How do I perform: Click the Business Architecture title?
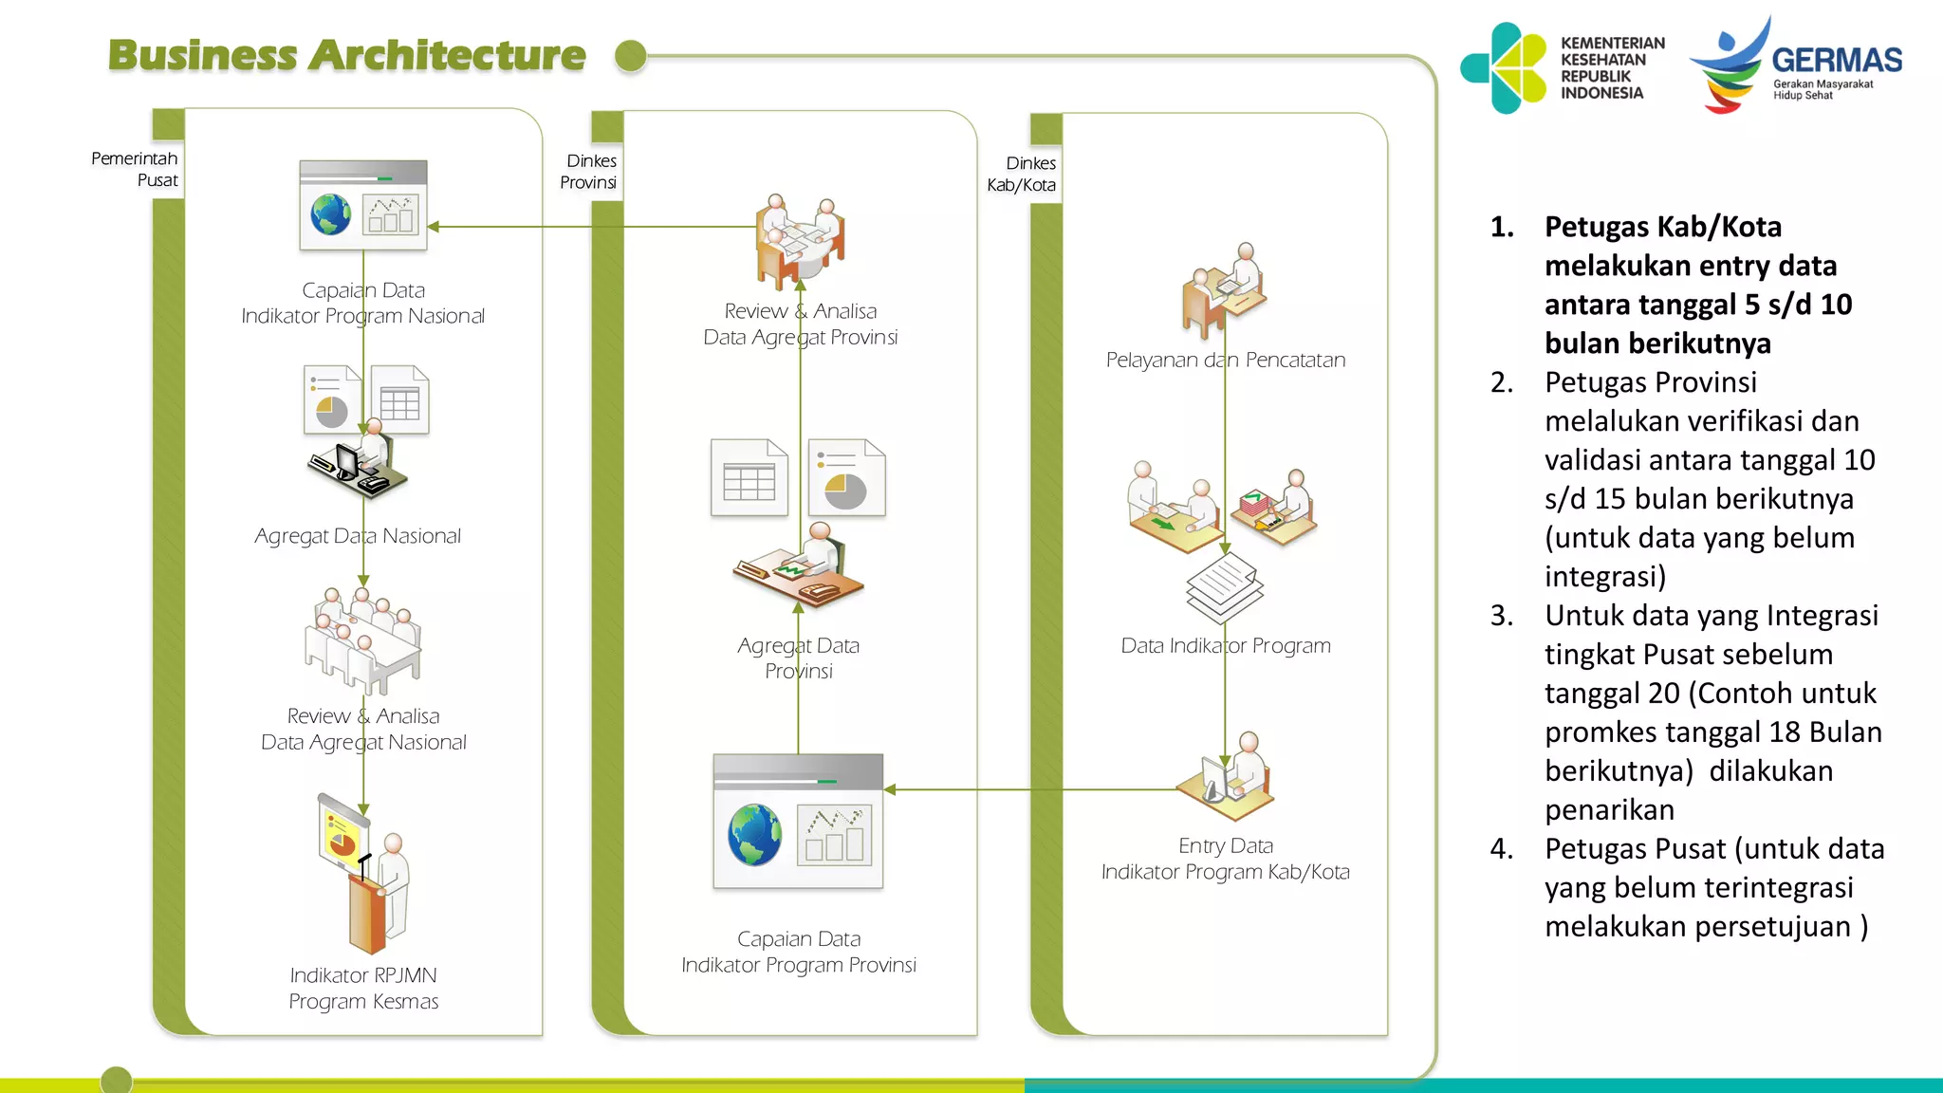pyautogui.click(x=347, y=55)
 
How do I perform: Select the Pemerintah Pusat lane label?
pyautogui.click(x=135, y=169)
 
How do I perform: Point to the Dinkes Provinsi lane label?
pyautogui.click(x=588, y=172)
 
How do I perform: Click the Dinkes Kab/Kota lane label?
pyautogui.click(x=1022, y=174)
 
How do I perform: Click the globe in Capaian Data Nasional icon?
pyautogui.click(x=331, y=214)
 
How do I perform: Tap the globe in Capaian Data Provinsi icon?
pyautogui.click(x=755, y=835)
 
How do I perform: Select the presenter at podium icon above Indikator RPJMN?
pyautogui.click(x=364, y=873)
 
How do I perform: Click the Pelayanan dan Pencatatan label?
pyautogui.click(x=1226, y=360)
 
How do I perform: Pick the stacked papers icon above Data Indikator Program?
pyautogui.click(x=1225, y=589)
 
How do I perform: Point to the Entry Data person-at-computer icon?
pyautogui.click(x=1226, y=776)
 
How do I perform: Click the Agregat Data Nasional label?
pyautogui.click(x=358, y=536)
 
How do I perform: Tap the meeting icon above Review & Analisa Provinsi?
pyautogui.click(x=801, y=241)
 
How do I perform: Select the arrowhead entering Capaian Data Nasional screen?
pyautogui.click(x=434, y=227)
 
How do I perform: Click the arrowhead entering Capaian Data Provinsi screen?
pyautogui.click(x=890, y=789)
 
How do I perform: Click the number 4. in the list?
pyautogui.click(x=1502, y=848)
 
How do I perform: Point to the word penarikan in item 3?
pyautogui.click(x=1609, y=809)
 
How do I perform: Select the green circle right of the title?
pyautogui.click(x=631, y=56)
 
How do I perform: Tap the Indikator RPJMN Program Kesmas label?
pyautogui.click(x=363, y=988)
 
